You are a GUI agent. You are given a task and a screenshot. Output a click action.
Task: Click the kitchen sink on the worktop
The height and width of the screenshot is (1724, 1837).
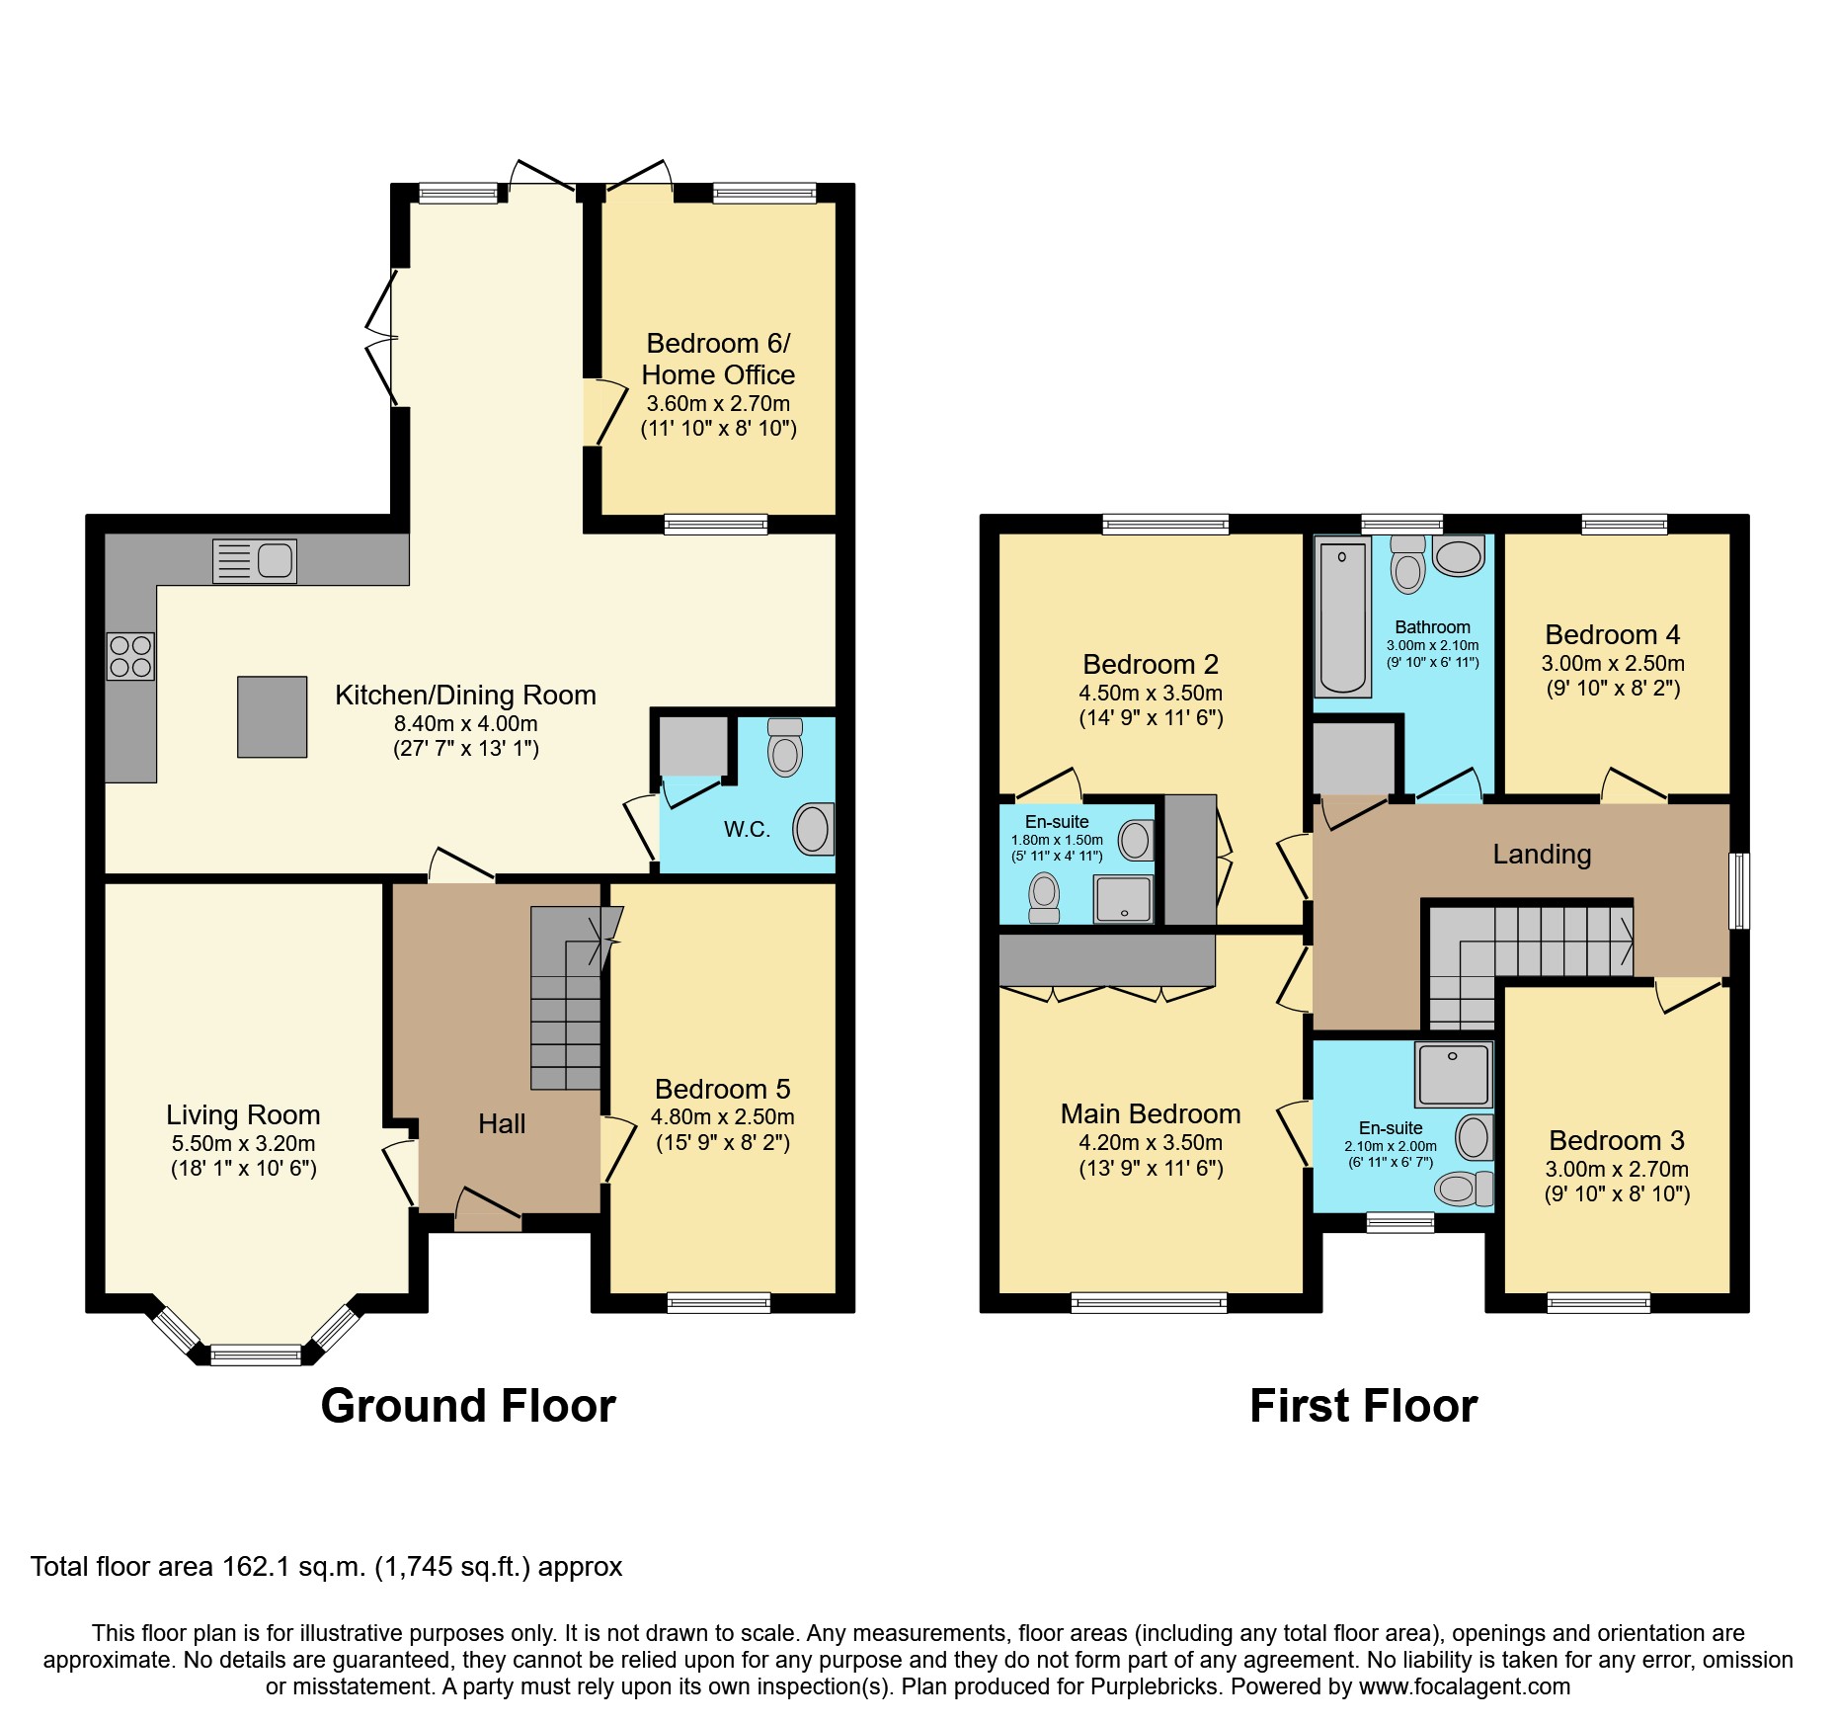pos(255,561)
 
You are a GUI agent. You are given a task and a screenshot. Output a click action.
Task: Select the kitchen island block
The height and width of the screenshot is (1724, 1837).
pos(272,716)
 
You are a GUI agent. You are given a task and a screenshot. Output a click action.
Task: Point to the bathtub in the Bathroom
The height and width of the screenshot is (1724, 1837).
pos(1342,617)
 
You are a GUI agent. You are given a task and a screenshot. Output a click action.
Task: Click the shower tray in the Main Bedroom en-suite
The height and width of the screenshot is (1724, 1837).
pos(1453,1074)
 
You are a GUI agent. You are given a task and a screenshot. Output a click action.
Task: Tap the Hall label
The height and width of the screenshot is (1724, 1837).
pos(502,1123)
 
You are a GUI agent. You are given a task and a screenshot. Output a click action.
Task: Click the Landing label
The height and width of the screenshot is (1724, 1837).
pos(1542,854)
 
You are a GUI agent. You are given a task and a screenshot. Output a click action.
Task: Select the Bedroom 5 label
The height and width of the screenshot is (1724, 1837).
pos(722,1089)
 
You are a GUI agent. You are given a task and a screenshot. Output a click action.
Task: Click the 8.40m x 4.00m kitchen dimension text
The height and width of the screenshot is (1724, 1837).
pos(465,723)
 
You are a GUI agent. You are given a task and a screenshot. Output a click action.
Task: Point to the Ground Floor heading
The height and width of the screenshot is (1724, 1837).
pos(468,1406)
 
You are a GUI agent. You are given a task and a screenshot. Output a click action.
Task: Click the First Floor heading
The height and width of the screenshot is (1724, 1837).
pos(1363,1406)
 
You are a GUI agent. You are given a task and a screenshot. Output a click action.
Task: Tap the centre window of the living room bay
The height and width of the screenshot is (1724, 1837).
pos(256,1355)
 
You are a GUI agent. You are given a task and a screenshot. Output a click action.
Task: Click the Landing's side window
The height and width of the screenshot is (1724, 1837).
pos(1739,891)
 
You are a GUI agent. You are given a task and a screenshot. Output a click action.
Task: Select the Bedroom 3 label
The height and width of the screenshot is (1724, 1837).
pos(1617,1140)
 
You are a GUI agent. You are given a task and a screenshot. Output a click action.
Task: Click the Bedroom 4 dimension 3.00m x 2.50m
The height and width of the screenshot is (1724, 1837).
pos(1613,664)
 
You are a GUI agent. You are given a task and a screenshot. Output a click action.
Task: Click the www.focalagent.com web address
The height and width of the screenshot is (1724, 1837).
pos(1464,1686)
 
